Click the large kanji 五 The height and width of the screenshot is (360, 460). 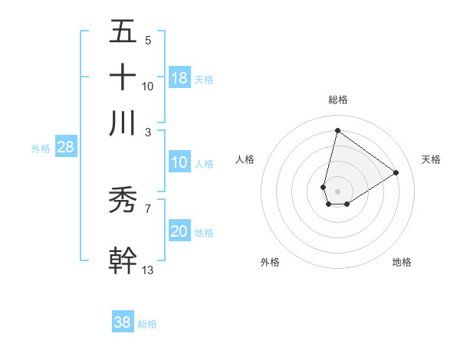[x=123, y=32]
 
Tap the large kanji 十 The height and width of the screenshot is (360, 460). [x=123, y=77]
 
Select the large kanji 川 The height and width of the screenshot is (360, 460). [x=123, y=123]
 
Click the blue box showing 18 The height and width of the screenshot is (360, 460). [x=179, y=77]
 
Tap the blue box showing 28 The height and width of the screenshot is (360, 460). [x=65, y=147]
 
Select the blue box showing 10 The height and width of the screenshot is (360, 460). [x=179, y=162]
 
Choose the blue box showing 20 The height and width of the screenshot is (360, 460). [x=179, y=231]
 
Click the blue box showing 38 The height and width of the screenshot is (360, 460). [x=123, y=322]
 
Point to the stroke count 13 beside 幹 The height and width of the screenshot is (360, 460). [x=148, y=270]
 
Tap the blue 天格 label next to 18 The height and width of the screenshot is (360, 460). [x=204, y=79]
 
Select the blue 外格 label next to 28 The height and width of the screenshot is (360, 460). [x=41, y=149]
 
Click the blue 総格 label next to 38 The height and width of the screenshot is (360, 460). [x=147, y=324]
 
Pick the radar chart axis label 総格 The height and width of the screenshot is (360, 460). [x=338, y=100]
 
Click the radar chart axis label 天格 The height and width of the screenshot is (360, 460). [x=431, y=159]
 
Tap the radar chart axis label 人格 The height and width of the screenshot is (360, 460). [x=245, y=159]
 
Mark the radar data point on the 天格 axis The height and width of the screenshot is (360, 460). [x=396, y=172]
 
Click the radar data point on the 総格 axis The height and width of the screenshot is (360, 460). [x=337, y=131]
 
